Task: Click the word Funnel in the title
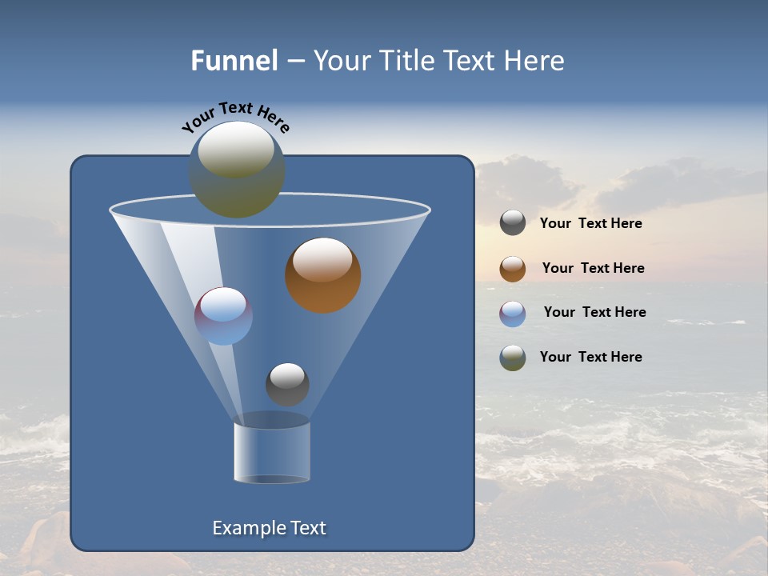coord(234,61)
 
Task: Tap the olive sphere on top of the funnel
coord(237,170)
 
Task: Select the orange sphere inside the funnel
coord(322,275)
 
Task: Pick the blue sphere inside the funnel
coord(224,316)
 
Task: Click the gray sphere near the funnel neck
coord(287,384)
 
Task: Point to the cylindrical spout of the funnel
coord(272,453)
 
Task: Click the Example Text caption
coord(270,528)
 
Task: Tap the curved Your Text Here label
coord(235,116)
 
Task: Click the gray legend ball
coord(513,223)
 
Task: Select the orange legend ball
coord(513,269)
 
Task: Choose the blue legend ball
coord(513,314)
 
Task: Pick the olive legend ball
coord(513,358)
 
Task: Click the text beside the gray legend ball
coord(590,224)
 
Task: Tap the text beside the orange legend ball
coord(593,269)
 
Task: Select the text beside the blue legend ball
coord(594,313)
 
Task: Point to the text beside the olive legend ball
coord(590,357)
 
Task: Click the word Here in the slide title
coord(535,61)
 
